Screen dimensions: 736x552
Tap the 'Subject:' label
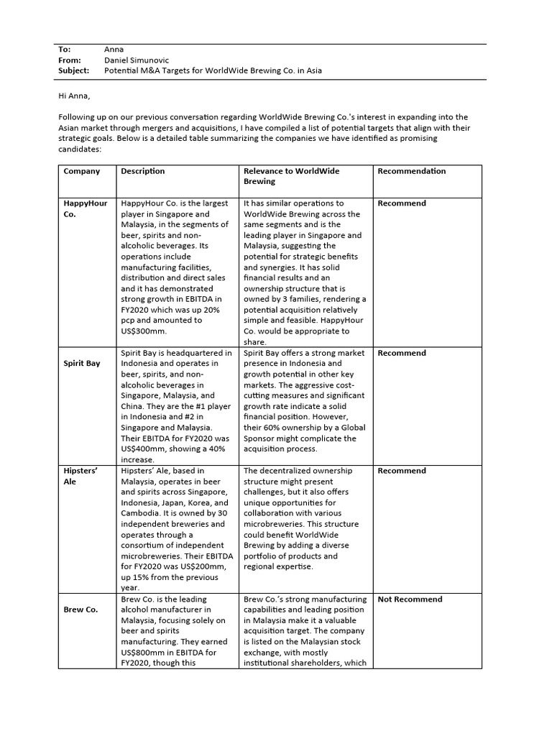[73, 71]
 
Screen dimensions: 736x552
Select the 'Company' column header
[81, 171]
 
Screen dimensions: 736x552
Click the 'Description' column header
[142, 171]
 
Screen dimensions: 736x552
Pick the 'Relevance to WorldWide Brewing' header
[291, 176]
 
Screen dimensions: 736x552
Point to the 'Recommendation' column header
[411, 171]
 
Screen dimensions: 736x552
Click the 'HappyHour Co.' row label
[85, 208]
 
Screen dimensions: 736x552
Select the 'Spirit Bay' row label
[82, 364]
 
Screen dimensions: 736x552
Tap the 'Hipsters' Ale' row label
[80, 476]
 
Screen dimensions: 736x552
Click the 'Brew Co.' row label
[80, 609]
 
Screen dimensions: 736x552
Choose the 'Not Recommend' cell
[410, 599]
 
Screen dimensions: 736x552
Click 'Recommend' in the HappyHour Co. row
[401, 203]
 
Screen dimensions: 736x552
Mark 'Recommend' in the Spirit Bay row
[401, 353]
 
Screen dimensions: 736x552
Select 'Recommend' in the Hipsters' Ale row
[401, 471]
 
